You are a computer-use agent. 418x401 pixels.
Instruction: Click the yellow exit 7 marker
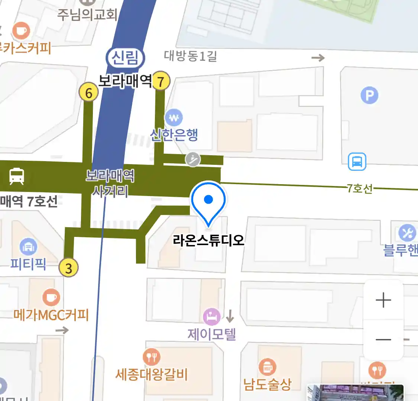click(161, 81)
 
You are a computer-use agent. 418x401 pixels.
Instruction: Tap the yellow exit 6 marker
click(88, 92)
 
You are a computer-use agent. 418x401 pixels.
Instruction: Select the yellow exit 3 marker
click(69, 267)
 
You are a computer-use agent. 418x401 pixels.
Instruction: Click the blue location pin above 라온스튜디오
click(208, 200)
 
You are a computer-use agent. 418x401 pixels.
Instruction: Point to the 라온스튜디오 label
click(208, 240)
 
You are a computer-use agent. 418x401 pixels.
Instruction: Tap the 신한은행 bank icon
click(174, 118)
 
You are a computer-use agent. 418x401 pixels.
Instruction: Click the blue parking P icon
click(369, 95)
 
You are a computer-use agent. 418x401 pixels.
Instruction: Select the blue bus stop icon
click(357, 162)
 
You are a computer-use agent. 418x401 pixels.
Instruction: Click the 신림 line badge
click(125, 58)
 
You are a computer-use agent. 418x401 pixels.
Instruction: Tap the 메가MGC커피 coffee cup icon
click(51, 297)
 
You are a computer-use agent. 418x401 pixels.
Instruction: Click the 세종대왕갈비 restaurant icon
click(152, 357)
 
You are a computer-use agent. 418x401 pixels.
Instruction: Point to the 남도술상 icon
click(267, 367)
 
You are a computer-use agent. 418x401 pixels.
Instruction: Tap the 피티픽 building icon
click(28, 247)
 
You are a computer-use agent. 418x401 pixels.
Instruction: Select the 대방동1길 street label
click(190, 56)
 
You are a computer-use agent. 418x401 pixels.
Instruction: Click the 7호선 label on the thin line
click(360, 188)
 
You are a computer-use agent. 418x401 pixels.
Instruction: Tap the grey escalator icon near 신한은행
click(193, 160)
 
